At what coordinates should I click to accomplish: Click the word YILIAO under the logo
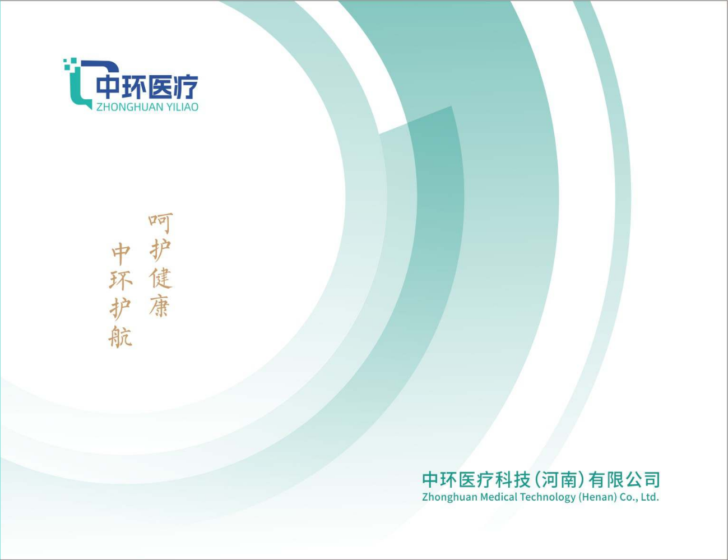183,107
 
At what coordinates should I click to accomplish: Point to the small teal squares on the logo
69,64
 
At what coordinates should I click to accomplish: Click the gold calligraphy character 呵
160,223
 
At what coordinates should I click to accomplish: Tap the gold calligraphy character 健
161,279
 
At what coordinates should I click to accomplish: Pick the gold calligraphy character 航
120,336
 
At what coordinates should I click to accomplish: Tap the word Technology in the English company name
548,498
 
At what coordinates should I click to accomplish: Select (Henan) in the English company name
597,497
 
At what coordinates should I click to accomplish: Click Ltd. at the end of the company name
650,497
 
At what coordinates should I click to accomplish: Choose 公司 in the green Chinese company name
643,480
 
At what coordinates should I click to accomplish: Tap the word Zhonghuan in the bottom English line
449,497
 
